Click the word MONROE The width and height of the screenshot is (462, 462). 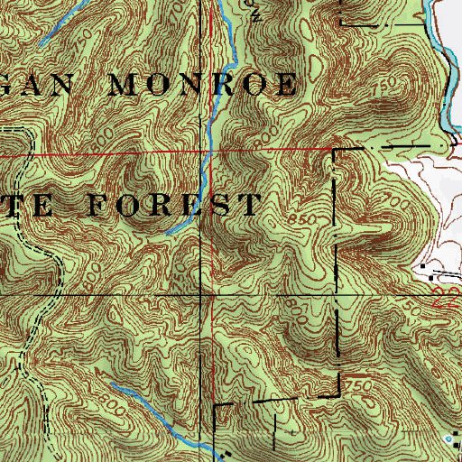[203, 87]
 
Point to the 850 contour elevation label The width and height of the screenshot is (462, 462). [304, 219]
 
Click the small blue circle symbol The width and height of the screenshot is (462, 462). [451, 412]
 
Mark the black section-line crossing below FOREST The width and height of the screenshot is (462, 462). [201, 294]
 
